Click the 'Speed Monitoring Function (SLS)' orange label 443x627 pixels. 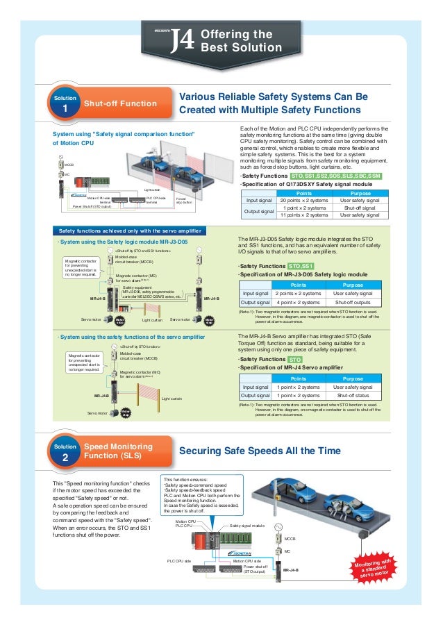(x=115, y=451)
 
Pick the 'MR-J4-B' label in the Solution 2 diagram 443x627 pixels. (x=291, y=569)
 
